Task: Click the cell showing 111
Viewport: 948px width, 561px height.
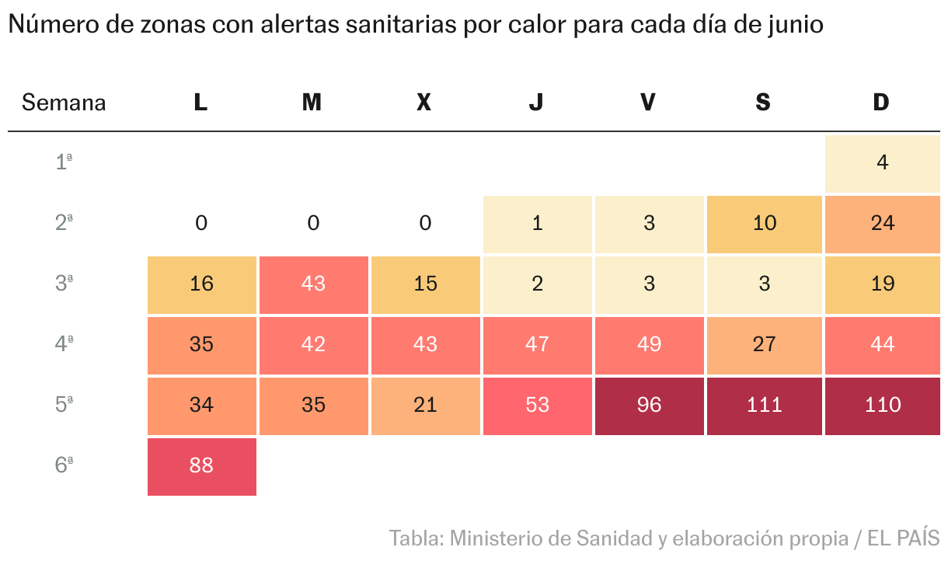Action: pyautogui.click(x=764, y=406)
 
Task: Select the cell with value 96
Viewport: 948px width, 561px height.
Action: pyautogui.click(x=649, y=406)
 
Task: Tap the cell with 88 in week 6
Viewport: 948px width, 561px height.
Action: pyautogui.click(x=201, y=466)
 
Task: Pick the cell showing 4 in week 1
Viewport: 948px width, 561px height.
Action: pyautogui.click(x=882, y=163)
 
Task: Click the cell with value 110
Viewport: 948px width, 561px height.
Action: pyautogui.click(x=882, y=406)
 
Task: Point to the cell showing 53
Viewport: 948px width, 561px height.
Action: pyautogui.click(x=537, y=406)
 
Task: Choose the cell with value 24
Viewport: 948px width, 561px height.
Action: pyautogui.click(x=882, y=224)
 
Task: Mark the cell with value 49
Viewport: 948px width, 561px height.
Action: pyautogui.click(x=649, y=345)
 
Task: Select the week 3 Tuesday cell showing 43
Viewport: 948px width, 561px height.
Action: pyautogui.click(x=313, y=284)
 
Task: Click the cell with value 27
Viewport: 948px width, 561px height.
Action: pyautogui.click(x=764, y=345)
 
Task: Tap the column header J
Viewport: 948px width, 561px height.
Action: pyautogui.click(x=536, y=103)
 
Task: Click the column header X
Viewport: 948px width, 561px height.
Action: pyautogui.click(x=423, y=103)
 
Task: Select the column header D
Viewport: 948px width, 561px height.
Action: pyautogui.click(x=881, y=103)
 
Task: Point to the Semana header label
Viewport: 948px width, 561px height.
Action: pyautogui.click(x=64, y=103)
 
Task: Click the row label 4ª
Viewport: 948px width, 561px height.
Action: pyautogui.click(x=64, y=344)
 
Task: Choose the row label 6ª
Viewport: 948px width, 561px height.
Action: pyautogui.click(x=64, y=465)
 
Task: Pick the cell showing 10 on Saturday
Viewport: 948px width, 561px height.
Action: pyautogui.click(x=764, y=224)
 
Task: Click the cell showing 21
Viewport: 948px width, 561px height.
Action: pyautogui.click(x=425, y=406)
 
